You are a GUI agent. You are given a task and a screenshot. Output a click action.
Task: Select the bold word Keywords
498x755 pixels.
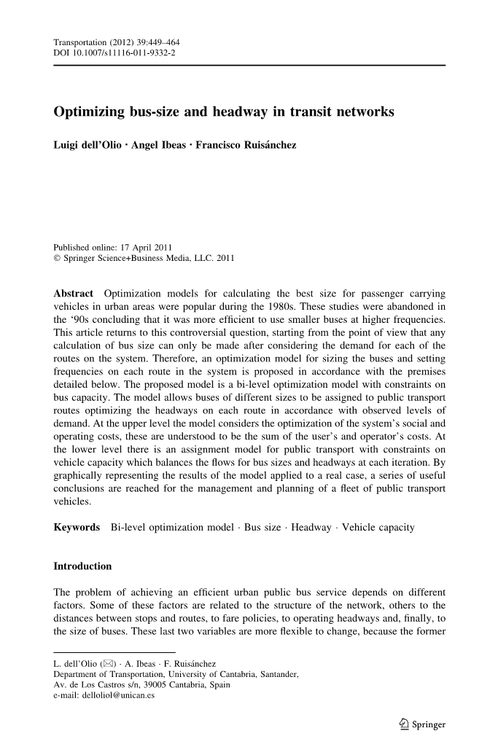click(77, 527)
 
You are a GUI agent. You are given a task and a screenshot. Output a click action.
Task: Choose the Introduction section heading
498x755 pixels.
click(83, 566)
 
